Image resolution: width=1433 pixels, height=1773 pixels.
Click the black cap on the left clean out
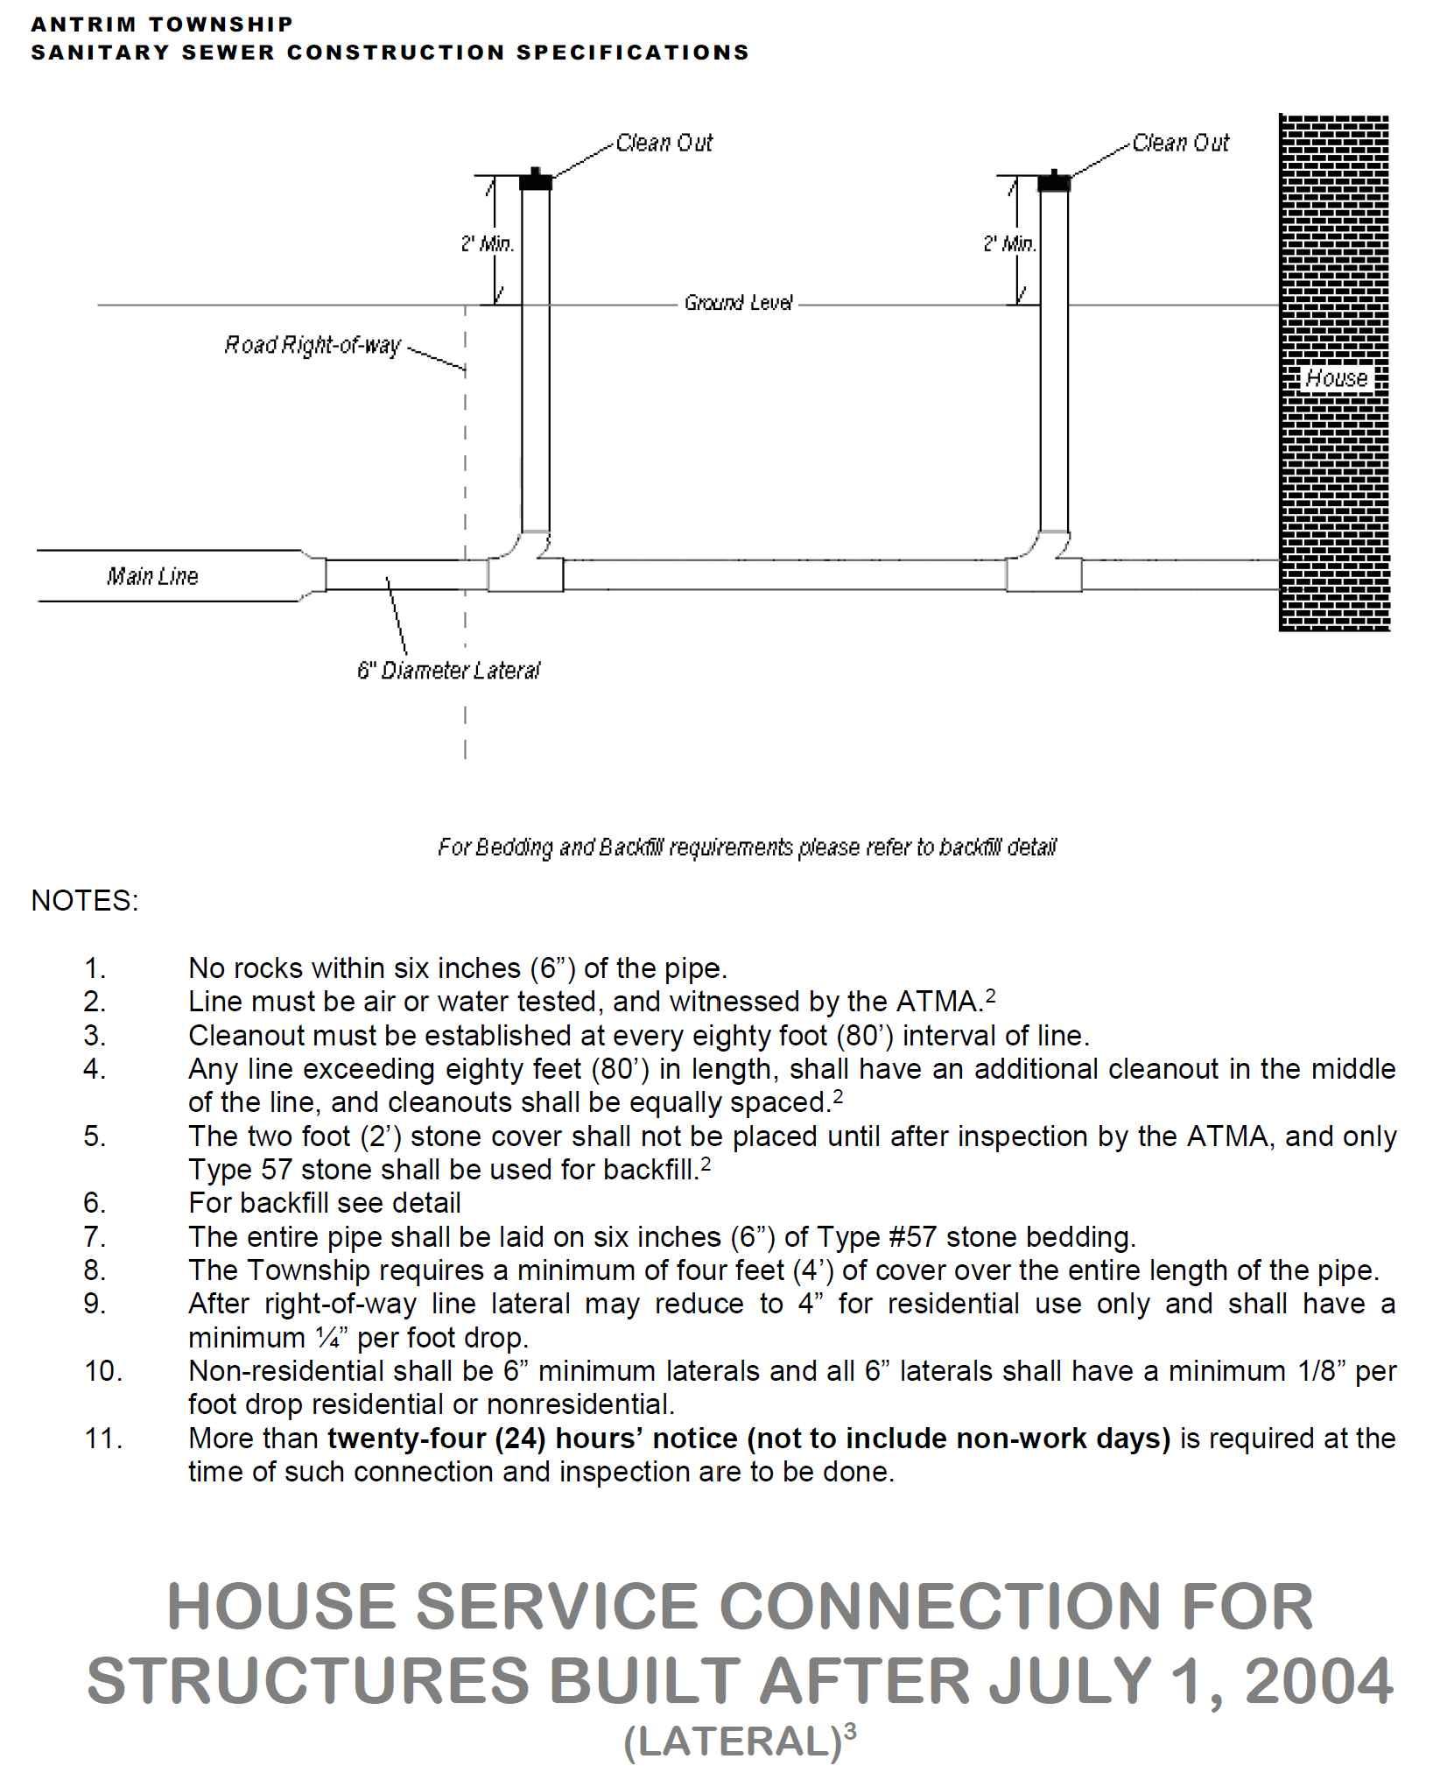coord(535,181)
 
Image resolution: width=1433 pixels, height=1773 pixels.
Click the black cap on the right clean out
coord(1054,181)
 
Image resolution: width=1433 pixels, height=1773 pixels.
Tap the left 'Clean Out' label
coord(664,143)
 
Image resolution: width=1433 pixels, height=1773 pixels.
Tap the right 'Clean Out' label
coord(1180,143)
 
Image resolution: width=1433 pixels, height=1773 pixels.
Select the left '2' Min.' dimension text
coord(487,243)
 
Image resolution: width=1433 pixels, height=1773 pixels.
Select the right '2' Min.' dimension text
coord(1008,243)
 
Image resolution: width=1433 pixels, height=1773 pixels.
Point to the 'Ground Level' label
coord(738,303)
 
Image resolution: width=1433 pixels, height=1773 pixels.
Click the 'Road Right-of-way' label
coord(312,346)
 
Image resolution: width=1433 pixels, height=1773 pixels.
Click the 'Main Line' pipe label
coord(152,576)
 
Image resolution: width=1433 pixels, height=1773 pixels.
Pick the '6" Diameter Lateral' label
coord(448,671)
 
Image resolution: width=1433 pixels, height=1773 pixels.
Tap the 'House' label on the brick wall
coord(1336,378)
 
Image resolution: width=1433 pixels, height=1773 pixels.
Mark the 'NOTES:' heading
coord(85,901)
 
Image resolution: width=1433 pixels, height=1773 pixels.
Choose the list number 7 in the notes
coord(95,1237)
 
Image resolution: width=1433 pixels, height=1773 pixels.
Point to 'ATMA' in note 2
coord(938,1002)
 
